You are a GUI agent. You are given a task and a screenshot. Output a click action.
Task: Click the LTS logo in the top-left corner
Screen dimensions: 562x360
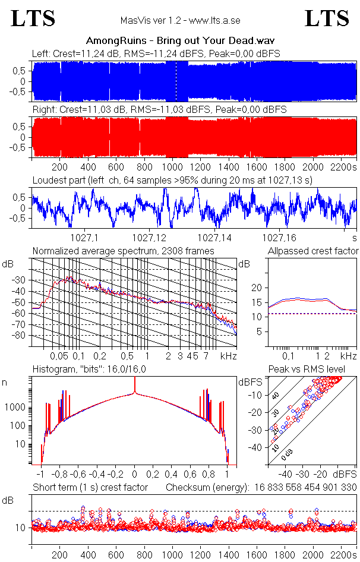point(33,18)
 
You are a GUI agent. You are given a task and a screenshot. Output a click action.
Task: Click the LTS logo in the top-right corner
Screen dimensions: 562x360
point(327,18)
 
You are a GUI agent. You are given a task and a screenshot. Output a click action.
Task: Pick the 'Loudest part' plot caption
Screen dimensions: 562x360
point(172,180)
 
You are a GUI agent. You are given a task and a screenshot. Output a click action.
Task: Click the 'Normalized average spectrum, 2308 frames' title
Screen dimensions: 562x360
point(124,251)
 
